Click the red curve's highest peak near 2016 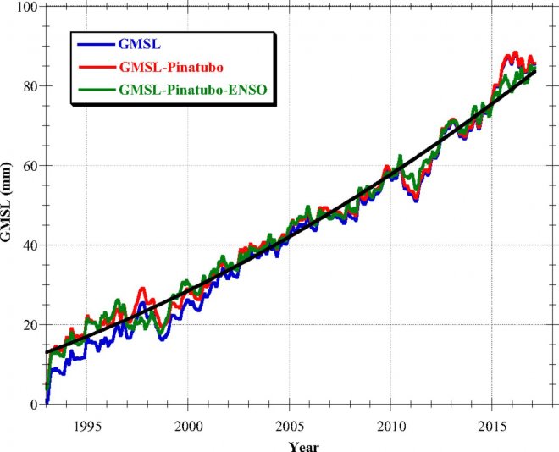[513, 52]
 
